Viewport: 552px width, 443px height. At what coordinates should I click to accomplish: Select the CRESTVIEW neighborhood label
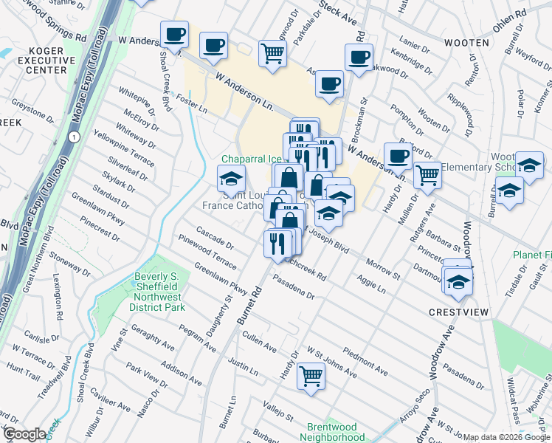[x=458, y=312]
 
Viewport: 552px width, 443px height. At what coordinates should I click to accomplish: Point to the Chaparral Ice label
[x=252, y=159]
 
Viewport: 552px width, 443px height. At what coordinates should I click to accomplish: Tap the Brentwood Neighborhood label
[x=337, y=432]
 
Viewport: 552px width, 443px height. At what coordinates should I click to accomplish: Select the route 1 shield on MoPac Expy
[x=73, y=138]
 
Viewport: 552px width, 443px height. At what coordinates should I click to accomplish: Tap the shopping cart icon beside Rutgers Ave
[x=427, y=174]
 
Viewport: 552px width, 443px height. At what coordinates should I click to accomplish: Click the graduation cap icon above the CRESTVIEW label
[x=458, y=282]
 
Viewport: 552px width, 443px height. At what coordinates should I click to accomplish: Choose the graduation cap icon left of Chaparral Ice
[x=230, y=178]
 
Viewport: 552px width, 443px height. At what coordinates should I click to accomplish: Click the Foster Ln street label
[x=192, y=104]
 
